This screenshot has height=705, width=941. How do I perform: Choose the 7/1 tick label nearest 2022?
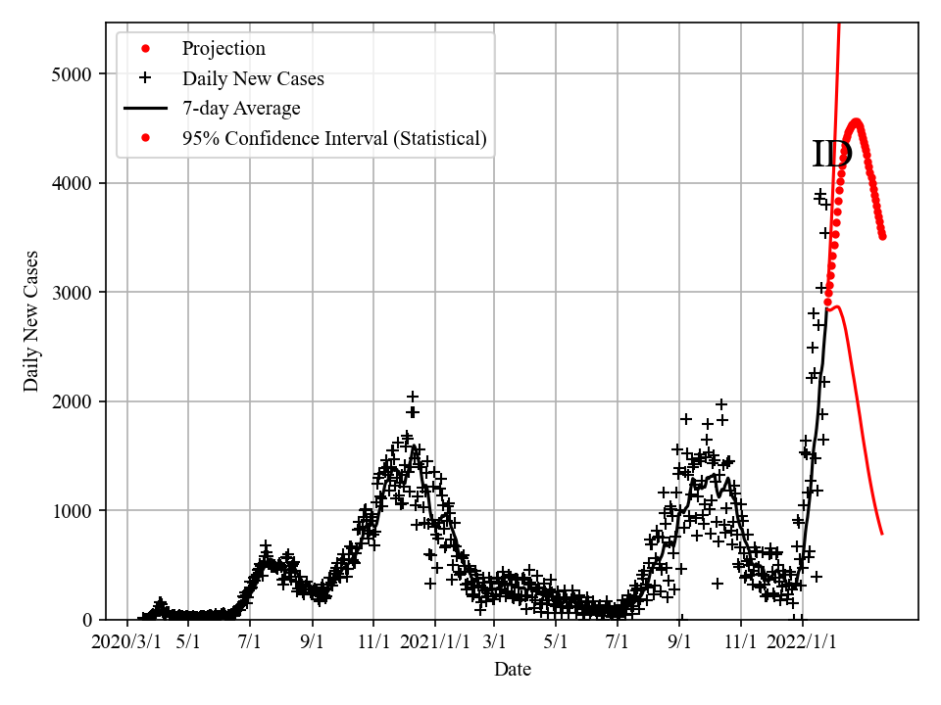[618, 642]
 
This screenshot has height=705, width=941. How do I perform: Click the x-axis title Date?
[513, 670]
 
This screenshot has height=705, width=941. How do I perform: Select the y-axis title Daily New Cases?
[32, 321]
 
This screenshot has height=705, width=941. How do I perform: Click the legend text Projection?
[223, 49]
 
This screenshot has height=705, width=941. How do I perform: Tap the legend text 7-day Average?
[241, 108]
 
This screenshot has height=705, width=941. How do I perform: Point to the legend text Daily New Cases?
[253, 78]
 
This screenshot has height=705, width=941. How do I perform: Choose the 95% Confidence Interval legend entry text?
[334, 138]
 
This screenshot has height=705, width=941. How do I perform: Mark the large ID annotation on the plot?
[832, 155]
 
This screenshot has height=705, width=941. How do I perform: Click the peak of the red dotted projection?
[856, 122]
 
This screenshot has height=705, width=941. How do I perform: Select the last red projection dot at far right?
[882, 236]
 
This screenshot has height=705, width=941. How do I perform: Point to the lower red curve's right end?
[882, 534]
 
